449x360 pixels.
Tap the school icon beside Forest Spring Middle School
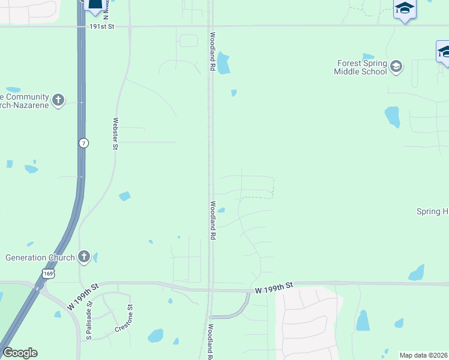(x=396, y=65)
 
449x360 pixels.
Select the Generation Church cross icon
(x=84, y=257)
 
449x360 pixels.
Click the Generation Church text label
(x=40, y=258)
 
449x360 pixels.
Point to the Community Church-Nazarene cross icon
(x=58, y=100)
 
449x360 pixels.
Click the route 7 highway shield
(x=83, y=143)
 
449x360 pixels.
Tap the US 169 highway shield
(x=48, y=274)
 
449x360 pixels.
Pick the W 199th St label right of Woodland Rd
(x=273, y=290)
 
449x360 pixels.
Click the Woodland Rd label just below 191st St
(x=212, y=51)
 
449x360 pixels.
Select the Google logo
(x=20, y=353)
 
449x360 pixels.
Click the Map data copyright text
(x=423, y=355)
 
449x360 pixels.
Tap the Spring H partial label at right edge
(x=432, y=211)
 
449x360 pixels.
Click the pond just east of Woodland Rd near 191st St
(x=223, y=64)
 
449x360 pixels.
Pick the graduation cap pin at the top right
(x=405, y=9)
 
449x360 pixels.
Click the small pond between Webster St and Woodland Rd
(x=125, y=196)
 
